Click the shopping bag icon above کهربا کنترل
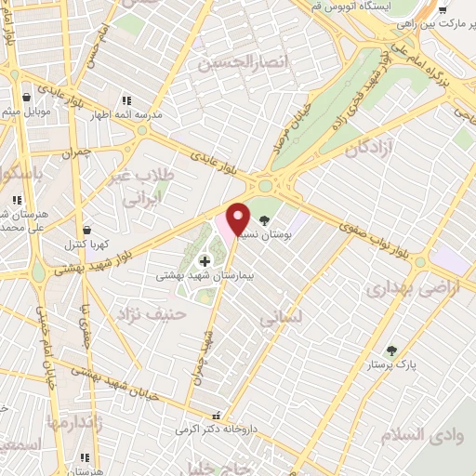point(86,229)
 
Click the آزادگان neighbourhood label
point(371,148)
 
